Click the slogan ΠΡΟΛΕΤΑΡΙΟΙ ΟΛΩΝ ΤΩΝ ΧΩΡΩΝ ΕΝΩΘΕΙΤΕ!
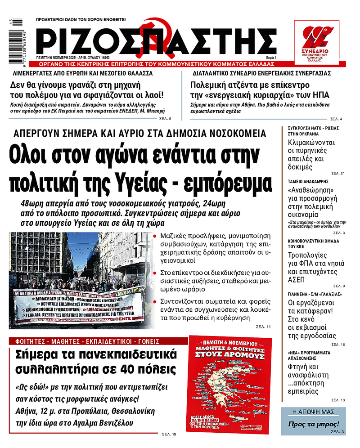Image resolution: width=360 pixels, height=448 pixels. click(x=81, y=20)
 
